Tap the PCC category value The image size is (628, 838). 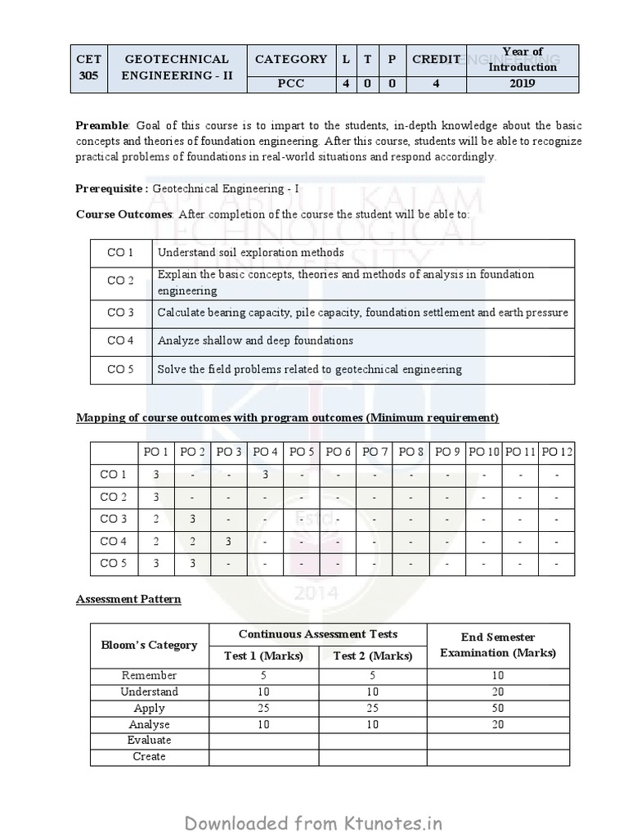tap(290, 83)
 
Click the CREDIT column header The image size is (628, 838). tap(436, 59)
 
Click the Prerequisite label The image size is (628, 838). tap(112, 188)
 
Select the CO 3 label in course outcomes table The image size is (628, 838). tap(120, 313)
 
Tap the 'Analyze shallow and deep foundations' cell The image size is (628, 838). tap(255, 340)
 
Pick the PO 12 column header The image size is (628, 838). tap(557, 452)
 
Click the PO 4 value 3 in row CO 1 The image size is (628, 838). tap(266, 475)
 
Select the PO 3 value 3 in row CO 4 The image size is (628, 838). tap(229, 541)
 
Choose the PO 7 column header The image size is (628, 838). tap(375, 452)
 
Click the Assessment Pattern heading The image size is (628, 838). tap(128, 599)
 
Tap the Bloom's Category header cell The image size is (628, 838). tap(149, 645)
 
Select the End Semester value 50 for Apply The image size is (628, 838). tap(498, 708)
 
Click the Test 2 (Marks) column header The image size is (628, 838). tap(372, 656)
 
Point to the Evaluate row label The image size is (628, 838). tap(149, 740)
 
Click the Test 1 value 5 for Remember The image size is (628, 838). tap(263, 676)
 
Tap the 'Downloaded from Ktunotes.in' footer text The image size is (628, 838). tap(313, 821)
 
